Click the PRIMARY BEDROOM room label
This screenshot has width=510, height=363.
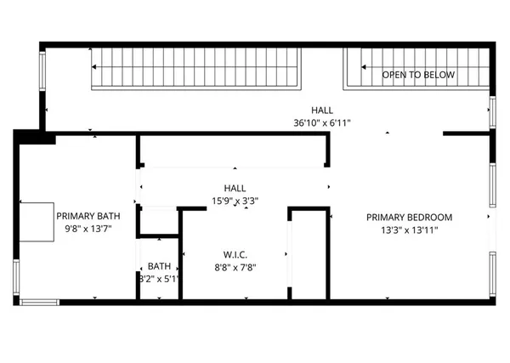pos(409,217)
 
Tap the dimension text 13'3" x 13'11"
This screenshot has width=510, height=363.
pos(409,230)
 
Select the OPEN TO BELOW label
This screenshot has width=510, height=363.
pos(417,75)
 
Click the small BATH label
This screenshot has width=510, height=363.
pos(159,265)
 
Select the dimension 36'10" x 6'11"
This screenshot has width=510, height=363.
pos(321,122)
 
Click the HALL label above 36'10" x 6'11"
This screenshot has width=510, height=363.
pos(321,111)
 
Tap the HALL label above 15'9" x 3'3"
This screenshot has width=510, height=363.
pos(235,189)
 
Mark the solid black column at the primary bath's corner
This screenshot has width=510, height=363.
pos(34,137)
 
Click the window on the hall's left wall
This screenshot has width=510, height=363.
pos(42,75)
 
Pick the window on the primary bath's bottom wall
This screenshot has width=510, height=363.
pos(39,301)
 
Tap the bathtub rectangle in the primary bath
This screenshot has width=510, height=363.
pos(36,222)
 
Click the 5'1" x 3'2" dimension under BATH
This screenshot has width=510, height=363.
pos(159,277)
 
